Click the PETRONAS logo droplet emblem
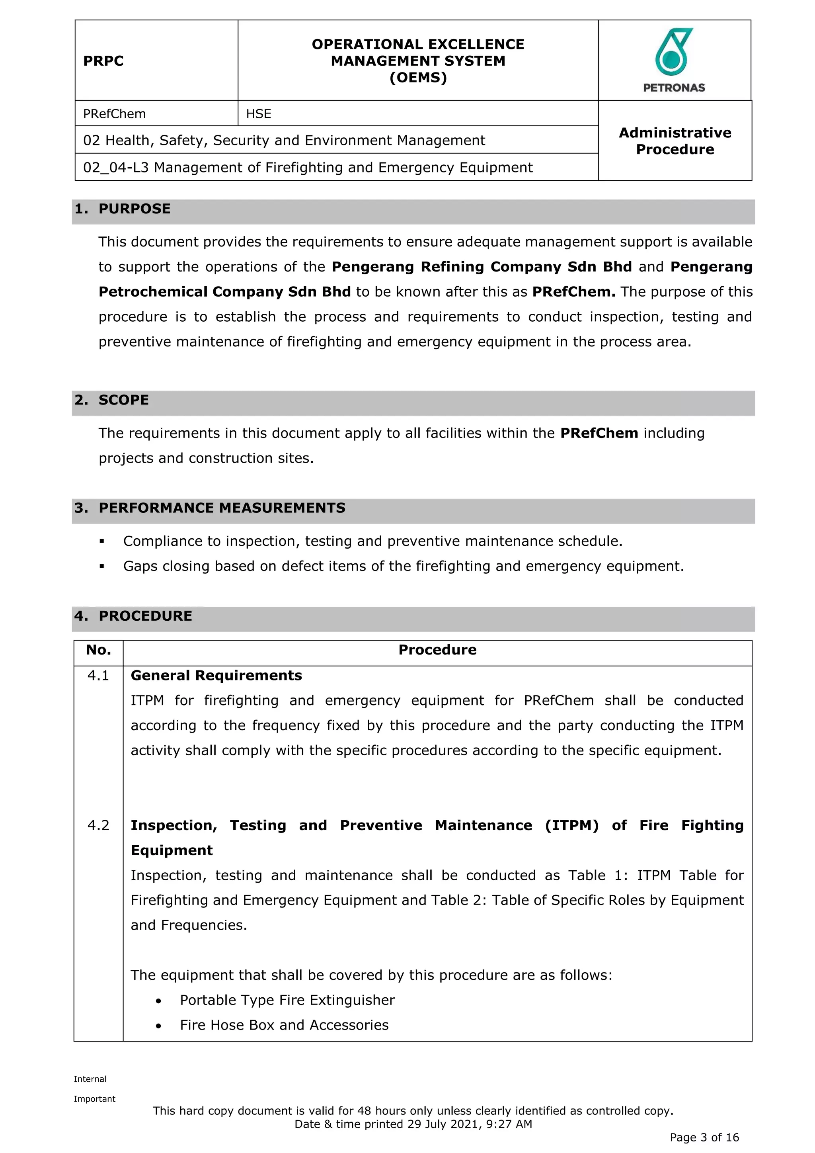pyautogui.click(x=673, y=52)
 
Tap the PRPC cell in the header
pyautogui.click(x=103, y=61)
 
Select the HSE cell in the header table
pyautogui.click(x=258, y=114)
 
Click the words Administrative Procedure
pyautogui.click(x=675, y=141)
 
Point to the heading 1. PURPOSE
pyautogui.click(x=123, y=209)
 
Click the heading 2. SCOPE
pyautogui.click(x=112, y=400)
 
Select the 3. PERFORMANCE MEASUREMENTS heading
pyautogui.click(x=210, y=508)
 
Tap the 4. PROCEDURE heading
pyautogui.click(x=133, y=616)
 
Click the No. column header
pyautogui.click(x=98, y=650)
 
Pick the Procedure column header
pyautogui.click(x=437, y=650)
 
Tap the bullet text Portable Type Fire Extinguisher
pyautogui.click(x=287, y=1001)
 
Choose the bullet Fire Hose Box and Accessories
pyautogui.click(x=284, y=1026)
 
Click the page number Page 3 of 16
pyautogui.click(x=704, y=1137)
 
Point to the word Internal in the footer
pyautogui.click(x=90, y=1079)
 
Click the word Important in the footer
pyautogui.click(x=94, y=1099)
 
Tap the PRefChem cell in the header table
pyautogui.click(x=115, y=114)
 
